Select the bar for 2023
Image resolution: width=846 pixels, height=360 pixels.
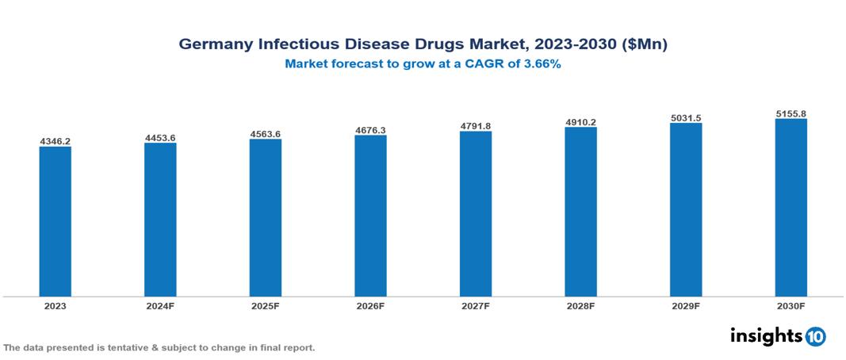(56, 221)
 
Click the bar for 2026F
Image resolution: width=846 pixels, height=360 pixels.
(370, 216)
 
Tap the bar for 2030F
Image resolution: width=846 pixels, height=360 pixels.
(790, 208)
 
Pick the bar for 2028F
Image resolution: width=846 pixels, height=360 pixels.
(580, 212)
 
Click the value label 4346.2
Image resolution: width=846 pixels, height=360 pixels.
(56, 141)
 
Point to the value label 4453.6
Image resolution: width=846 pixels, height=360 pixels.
(160, 138)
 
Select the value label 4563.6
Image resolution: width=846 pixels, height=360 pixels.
(266, 134)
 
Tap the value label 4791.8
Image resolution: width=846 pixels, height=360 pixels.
(476, 125)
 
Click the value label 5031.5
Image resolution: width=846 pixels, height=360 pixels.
(686, 118)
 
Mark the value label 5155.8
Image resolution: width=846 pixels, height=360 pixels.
(790, 113)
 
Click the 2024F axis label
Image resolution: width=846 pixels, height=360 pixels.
(160, 305)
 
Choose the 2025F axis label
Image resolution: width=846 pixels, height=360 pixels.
(266, 305)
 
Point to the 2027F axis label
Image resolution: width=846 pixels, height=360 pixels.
(476, 305)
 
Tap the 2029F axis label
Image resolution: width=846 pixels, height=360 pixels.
(686, 305)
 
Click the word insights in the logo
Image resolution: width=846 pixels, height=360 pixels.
(766, 335)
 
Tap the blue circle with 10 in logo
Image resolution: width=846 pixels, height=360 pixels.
(816, 337)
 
